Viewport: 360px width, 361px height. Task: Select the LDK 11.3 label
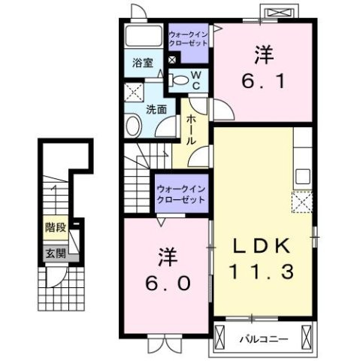click(262, 258)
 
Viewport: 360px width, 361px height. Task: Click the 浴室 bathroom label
click(144, 63)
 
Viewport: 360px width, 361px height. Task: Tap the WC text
click(195, 79)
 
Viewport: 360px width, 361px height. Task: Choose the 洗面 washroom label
click(156, 108)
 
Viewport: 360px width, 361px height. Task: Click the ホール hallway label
click(192, 129)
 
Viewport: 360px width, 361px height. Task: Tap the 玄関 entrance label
click(52, 253)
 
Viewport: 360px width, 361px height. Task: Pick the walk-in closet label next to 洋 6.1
click(189, 39)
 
